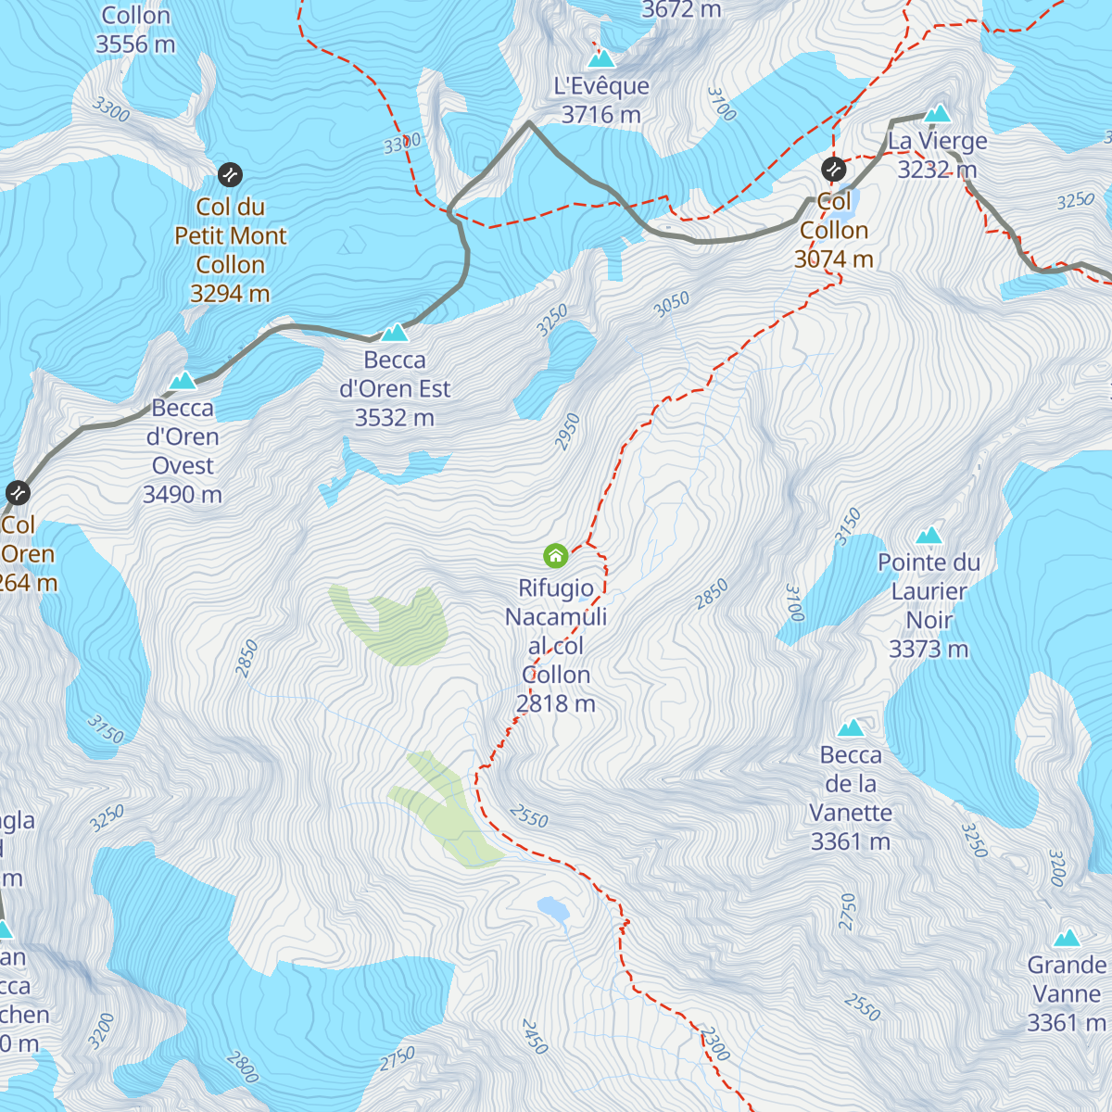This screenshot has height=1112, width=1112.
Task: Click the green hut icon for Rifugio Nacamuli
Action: click(x=555, y=556)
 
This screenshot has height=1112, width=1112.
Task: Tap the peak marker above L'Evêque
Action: click(x=601, y=59)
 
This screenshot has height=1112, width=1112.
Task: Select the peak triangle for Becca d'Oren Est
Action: click(x=395, y=333)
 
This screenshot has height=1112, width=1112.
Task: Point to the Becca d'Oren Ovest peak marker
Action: click(x=183, y=381)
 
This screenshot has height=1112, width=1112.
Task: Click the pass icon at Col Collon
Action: click(x=833, y=170)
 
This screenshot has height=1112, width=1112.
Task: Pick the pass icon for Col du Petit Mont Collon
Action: click(x=230, y=174)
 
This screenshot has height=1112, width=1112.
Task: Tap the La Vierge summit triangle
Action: click(x=938, y=114)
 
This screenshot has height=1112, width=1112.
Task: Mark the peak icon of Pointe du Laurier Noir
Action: click(x=929, y=536)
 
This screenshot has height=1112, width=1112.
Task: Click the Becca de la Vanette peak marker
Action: click(x=851, y=728)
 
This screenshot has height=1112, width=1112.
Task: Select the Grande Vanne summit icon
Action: click(x=1067, y=938)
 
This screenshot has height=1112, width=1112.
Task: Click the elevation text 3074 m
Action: click(x=833, y=259)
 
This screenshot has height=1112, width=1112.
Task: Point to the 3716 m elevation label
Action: click(x=600, y=115)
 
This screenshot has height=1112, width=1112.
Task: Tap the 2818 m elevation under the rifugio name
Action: click(x=555, y=704)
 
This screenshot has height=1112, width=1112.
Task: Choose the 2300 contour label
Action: click(x=714, y=1043)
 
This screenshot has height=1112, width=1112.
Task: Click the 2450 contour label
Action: click(x=535, y=1036)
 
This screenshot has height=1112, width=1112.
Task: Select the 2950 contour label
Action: click(x=567, y=432)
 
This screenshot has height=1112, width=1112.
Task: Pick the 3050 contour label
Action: click(x=672, y=304)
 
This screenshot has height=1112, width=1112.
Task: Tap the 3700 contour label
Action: click(x=721, y=104)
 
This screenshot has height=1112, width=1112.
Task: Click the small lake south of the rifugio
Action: click(x=553, y=909)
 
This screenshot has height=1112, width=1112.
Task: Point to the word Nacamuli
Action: click(x=555, y=617)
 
